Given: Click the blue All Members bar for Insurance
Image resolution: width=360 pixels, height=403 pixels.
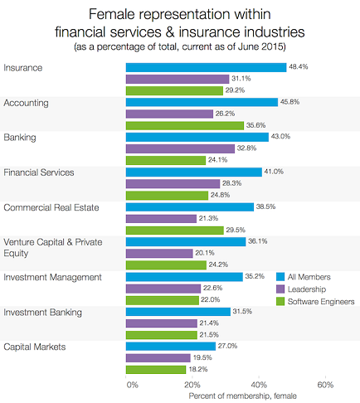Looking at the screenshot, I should tap(205, 66).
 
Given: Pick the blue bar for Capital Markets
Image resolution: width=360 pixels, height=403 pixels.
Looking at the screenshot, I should tap(170, 345).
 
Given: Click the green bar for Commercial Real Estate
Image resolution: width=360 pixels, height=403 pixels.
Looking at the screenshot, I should tap(175, 230).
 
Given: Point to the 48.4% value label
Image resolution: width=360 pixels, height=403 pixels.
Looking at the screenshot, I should tap(299, 66).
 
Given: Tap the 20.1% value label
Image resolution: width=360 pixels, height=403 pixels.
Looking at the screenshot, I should tap(205, 253).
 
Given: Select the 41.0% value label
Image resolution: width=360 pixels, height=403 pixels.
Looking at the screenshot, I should tap(274, 172).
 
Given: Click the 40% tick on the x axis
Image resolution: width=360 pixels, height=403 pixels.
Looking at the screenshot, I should tap(259, 385).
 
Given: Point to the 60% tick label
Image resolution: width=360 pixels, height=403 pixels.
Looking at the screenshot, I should tap(325, 385).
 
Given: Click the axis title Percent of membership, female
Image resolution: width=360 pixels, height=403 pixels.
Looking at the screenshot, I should tap(241, 396).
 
